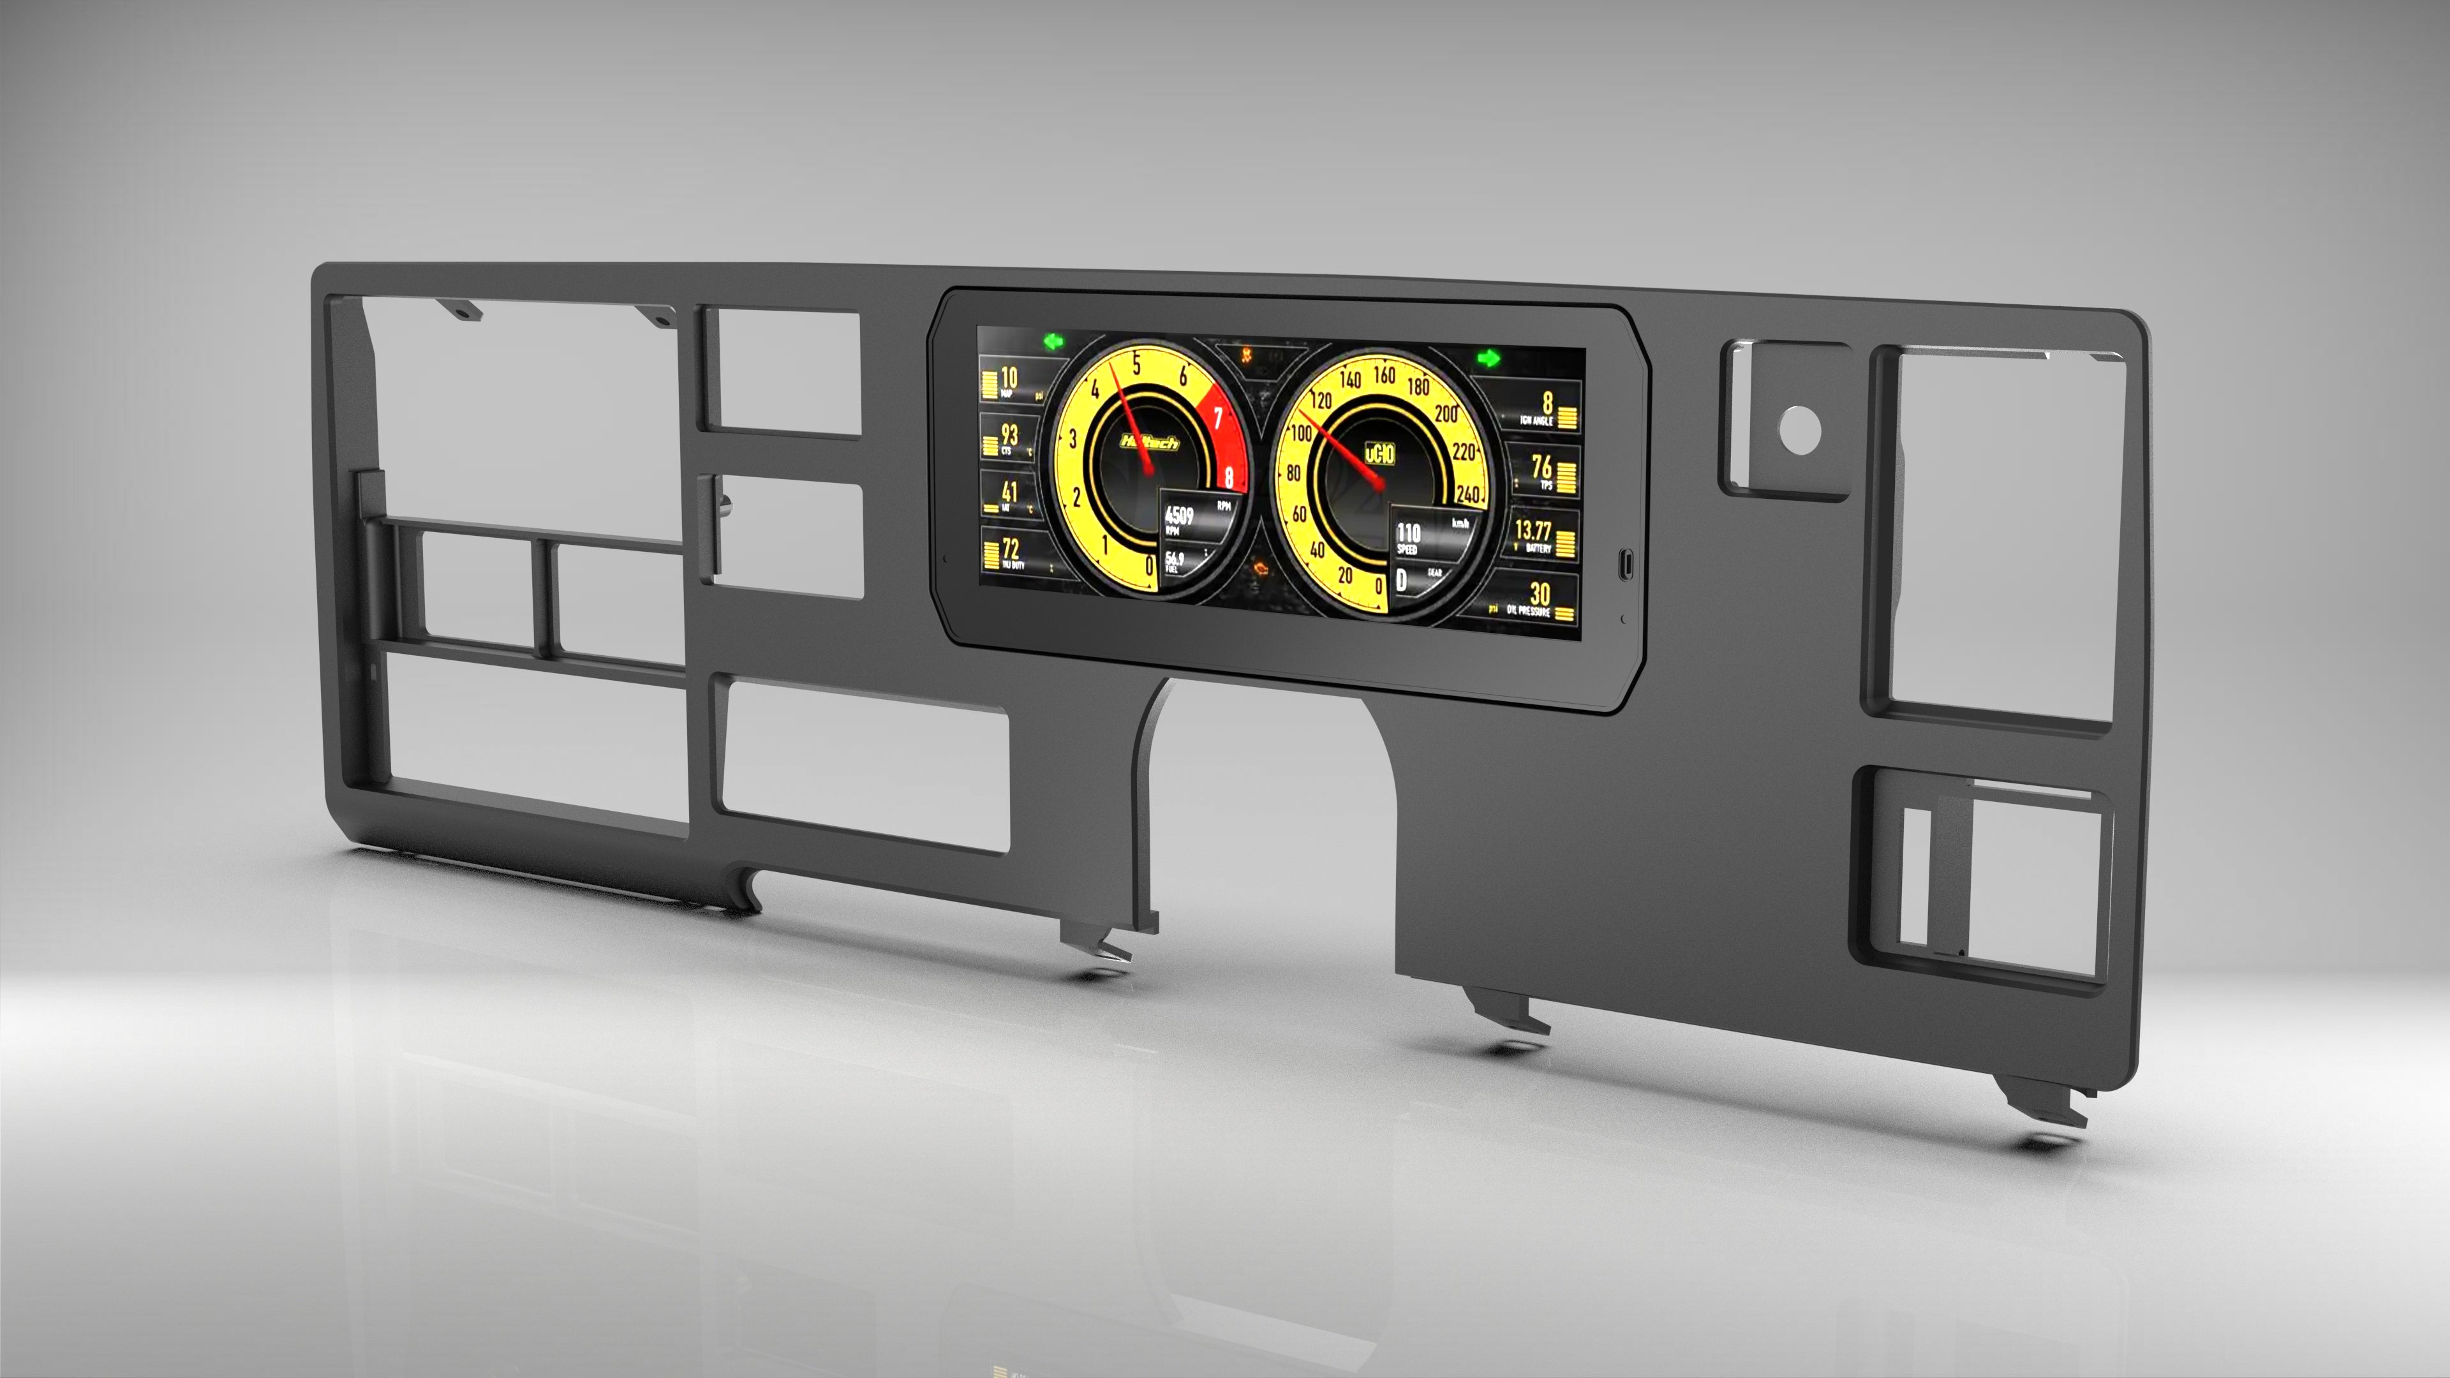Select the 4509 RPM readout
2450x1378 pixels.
click(1179, 515)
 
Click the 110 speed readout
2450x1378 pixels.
click(1409, 533)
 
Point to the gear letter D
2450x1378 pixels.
click(1401, 579)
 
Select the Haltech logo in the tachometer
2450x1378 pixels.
click(1150, 442)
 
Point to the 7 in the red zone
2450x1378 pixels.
click(1217, 419)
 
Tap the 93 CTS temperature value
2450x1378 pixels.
click(1009, 434)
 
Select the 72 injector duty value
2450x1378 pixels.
click(1010, 549)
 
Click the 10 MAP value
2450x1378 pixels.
click(1009, 378)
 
